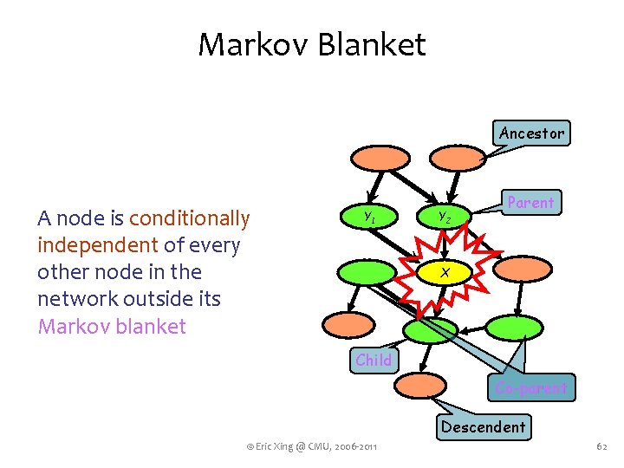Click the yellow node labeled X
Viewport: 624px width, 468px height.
click(x=444, y=272)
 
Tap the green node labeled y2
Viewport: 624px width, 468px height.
click(x=443, y=216)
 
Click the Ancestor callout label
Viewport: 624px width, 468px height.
click(x=531, y=133)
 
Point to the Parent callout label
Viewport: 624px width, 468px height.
click(x=530, y=203)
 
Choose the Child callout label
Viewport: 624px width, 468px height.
click(x=374, y=360)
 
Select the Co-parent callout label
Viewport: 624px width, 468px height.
click(x=531, y=388)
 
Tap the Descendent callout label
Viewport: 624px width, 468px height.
click(x=483, y=426)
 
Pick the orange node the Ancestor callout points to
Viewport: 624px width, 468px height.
click(x=458, y=159)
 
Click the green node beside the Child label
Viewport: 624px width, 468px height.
click(x=430, y=330)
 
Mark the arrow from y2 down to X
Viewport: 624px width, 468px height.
click(x=444, y=245)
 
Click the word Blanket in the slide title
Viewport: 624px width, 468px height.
click(x=371, y=44)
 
